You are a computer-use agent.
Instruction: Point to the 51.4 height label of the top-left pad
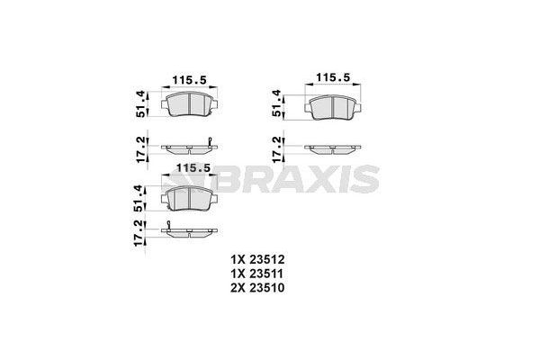pos(139,105)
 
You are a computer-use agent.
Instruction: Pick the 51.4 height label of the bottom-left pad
pos(139,195)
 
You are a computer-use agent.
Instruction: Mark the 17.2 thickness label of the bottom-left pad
pos(139,233)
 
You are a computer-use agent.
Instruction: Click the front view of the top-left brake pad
pos(190,106)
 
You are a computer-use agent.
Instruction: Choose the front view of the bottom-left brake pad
pos(190,195)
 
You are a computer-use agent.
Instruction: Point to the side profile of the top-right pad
pos(332,148)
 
